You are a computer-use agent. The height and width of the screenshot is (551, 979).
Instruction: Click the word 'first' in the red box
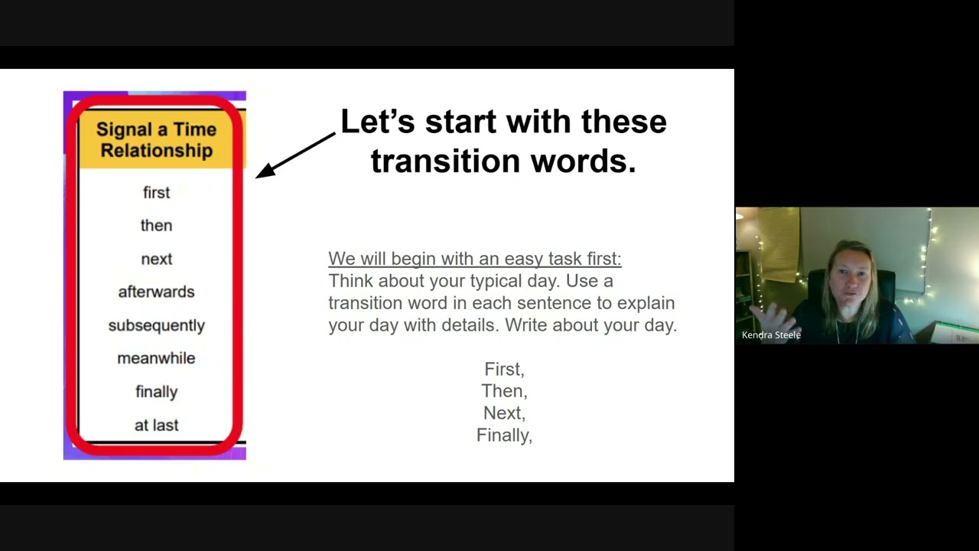click(x=156, y=193)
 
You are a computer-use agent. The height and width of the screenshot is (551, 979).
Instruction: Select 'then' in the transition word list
click(x=156, y=226)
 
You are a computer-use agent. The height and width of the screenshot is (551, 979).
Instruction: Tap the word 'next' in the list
click(x=156, y=259)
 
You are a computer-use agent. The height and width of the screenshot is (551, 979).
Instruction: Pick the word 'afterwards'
click(x=156, y=292)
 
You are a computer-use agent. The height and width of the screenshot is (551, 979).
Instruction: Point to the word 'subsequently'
click(x=156, y=325)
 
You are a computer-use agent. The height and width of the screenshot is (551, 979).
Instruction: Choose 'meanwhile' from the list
click(x=156, y=358)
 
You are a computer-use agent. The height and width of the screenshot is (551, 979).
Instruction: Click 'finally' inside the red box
click(x=156, y=392)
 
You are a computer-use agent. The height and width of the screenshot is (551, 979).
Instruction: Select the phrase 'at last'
click(x=156, y=425)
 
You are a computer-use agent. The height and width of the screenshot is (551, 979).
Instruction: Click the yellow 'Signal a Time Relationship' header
click(x=156, y=140)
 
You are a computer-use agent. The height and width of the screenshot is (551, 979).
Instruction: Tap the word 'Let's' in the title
click(x=377, y=122)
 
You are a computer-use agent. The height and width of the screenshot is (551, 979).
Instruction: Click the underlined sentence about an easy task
click(x=474, y=259)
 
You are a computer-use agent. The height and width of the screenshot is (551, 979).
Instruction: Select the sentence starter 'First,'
click(x=504, y=370)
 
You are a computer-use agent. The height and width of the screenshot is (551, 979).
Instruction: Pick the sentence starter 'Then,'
click(x=504, y=391)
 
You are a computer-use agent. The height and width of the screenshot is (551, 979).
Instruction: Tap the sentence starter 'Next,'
click(x=504, y=413)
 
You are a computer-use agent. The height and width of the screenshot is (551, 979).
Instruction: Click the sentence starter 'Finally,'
click(x=504, y=435)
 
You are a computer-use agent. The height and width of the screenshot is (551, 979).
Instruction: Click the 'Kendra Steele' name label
click(x=771, y=335)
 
